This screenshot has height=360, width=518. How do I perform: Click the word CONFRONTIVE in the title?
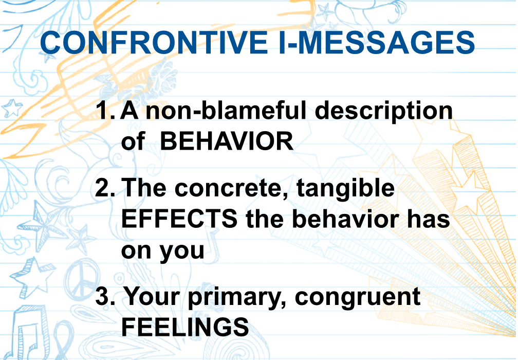(x=154, y=43)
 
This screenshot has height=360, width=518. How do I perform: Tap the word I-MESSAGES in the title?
(x=376, y=43)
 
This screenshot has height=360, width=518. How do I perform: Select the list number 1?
(x=106, y=111)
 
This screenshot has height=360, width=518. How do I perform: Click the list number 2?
(x=105, y=187)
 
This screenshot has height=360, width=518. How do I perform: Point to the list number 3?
(x=105, y=296)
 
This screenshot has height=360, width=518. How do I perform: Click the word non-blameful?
(x=226, y=111)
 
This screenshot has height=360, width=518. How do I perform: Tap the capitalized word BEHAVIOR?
(x=227, y=141)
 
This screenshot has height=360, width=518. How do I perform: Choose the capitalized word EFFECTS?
(x=179, y=219)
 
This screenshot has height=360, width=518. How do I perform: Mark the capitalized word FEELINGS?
(x=185, y=327)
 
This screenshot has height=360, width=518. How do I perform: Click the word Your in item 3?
(x=152, y=296)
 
